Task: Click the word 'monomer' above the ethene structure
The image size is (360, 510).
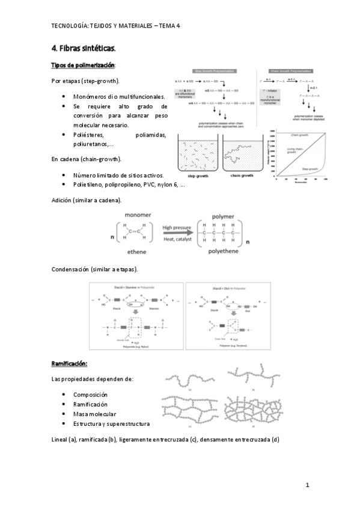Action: [138, 215]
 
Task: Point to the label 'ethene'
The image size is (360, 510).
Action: [138, 254]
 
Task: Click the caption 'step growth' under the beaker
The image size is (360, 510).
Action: [198, 176]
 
